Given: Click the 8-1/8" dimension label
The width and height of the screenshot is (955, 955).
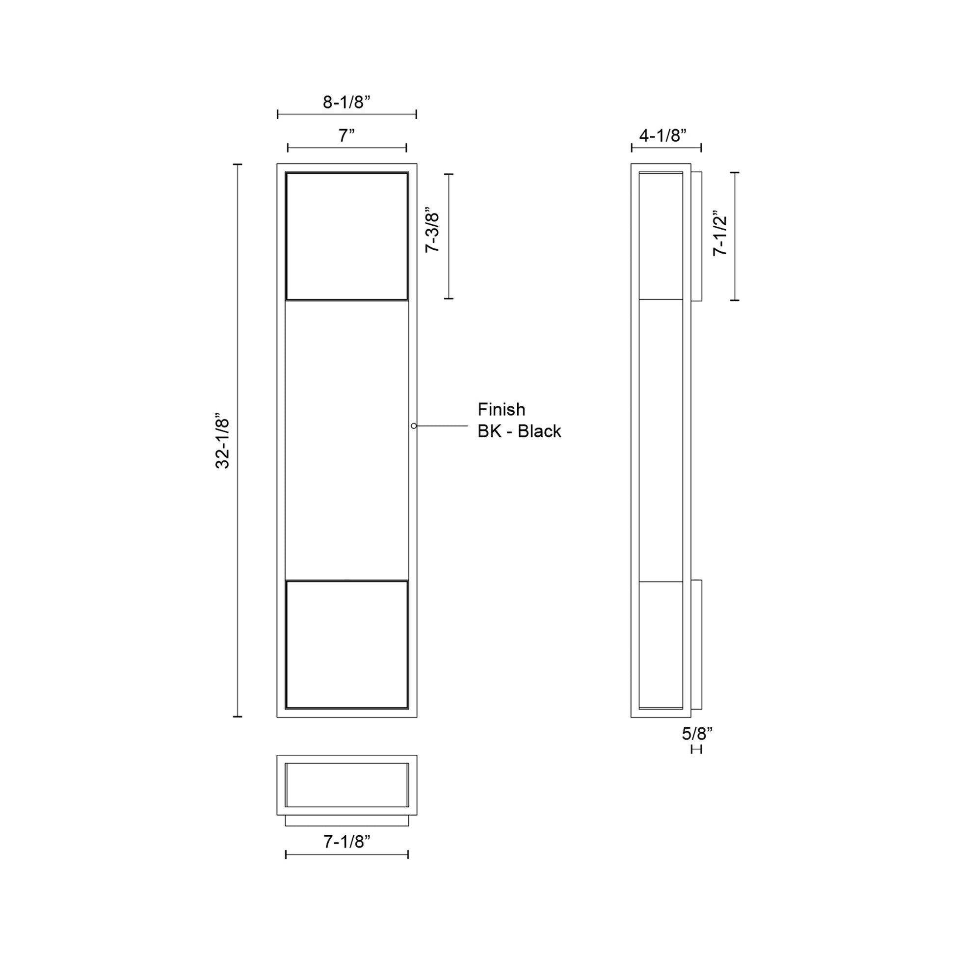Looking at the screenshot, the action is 346,102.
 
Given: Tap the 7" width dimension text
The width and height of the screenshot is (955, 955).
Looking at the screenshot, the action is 346,135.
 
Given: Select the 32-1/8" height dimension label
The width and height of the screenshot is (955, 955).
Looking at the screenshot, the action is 223,440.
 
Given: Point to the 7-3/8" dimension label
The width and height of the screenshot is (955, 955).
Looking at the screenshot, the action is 432,230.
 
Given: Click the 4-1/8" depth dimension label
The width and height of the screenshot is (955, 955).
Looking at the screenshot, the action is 663,135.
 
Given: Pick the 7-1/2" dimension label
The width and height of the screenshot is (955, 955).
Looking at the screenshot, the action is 721,235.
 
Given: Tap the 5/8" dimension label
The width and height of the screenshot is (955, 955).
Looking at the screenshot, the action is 697,734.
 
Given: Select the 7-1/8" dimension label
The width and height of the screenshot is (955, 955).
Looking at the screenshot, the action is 347,842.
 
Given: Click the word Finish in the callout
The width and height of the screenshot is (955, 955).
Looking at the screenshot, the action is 501,409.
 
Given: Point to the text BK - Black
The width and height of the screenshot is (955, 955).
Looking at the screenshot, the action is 520,431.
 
